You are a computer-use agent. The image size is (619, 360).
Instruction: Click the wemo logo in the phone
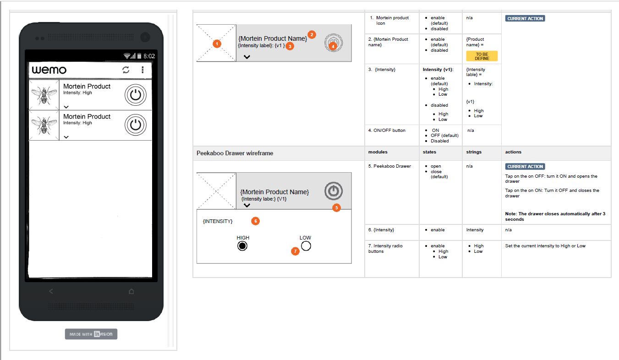(49, 70)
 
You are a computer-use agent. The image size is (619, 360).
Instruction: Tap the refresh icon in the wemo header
(126, 70)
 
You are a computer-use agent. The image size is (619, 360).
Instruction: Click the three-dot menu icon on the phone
(142, 70)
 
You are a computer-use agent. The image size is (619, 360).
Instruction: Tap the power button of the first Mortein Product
(135, 95)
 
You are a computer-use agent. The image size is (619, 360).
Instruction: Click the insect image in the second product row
(44, 125)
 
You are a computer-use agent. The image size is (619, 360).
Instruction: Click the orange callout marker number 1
(217, 44)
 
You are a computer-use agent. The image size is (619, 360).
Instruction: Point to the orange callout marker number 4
(333, 46)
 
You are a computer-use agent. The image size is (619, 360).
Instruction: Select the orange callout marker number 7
(295, 251)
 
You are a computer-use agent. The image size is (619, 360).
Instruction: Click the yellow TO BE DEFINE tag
(482, 56)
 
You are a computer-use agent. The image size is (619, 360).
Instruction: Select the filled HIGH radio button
(242, 246)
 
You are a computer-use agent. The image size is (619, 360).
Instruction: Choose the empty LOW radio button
(306, 246)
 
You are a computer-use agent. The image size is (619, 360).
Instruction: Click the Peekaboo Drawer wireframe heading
(235, 153)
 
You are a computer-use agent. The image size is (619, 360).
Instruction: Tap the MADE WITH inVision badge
(91, 334)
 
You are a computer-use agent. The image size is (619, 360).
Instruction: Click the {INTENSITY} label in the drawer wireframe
(218, 221)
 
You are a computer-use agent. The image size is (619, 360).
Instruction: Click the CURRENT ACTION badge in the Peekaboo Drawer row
(525, 167)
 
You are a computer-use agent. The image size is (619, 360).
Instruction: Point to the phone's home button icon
(131, 291)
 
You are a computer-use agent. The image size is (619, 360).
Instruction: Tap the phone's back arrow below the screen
(51, 291)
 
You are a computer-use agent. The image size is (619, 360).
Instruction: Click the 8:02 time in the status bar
(149, 56)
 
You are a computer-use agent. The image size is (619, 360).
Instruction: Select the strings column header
(473, 152)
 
